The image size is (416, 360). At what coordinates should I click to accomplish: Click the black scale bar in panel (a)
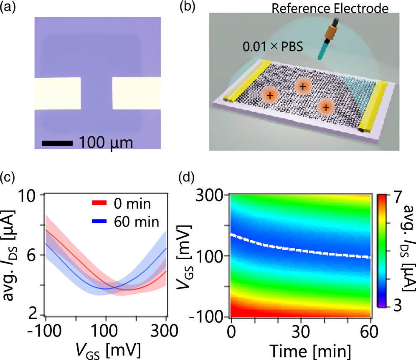pyautogui.click(x=57, y=143)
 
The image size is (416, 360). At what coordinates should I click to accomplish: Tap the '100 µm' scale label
pyautogui.click(x=106, y=143)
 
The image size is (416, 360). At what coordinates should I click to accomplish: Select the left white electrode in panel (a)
pyautogui.click(x=58, y=93)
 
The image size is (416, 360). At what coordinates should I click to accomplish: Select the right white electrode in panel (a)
pyautogui.click(x=136, y=93)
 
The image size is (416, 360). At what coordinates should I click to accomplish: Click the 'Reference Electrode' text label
pyautogui.click(x=330, y=8)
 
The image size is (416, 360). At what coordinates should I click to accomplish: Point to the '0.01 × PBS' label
pyautogui.click(x=273, y=47)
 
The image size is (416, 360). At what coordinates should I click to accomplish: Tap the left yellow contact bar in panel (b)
pyautogui.click(x=246, y=81)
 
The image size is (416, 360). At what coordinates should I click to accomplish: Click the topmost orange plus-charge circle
pyautogui.click(x=303, y=87)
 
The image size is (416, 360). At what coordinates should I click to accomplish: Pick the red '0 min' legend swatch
pyautogui.click(x=99, y=203)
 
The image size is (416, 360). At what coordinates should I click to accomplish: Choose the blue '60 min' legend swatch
pyautogui.click(x=99, y=221)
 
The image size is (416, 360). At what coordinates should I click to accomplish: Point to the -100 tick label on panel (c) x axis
pyautogui.click(x=44, y=331)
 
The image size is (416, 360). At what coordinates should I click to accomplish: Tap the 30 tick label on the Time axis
pyautogui.click(x=301, y=332)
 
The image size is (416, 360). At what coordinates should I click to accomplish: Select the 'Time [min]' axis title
pyautogui.click(x=310, y=351)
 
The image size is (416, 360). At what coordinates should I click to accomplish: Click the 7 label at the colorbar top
pyautogui.click(x=397, y=197)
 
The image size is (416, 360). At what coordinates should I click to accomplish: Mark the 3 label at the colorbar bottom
pyautogui.click(x=398, y=306)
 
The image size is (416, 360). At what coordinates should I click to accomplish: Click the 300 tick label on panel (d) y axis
pyautogui.click(x=210, y=196)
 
